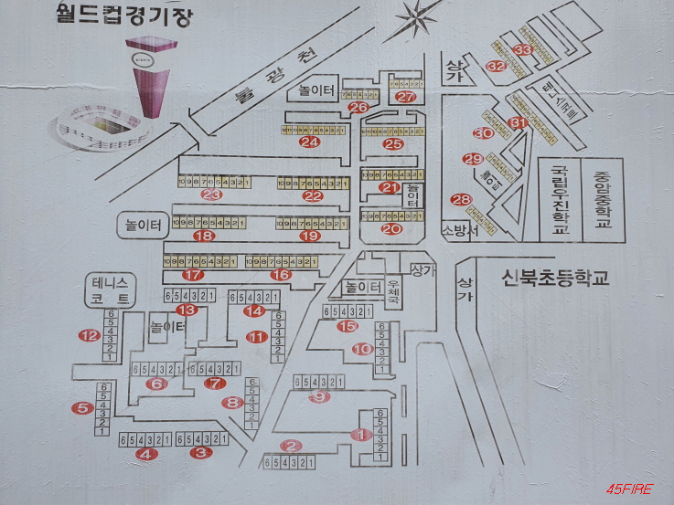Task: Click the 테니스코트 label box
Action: click(112, 289)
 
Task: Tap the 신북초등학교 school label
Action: click(554, 278)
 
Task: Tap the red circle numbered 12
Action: click(88, 335)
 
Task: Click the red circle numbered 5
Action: click(83, 408)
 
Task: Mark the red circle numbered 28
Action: click(460, 200)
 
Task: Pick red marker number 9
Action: click(319, 396)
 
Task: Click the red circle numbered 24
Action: click(310, 142)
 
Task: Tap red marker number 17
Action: click(192, 274)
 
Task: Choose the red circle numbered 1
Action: click(361, 435)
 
